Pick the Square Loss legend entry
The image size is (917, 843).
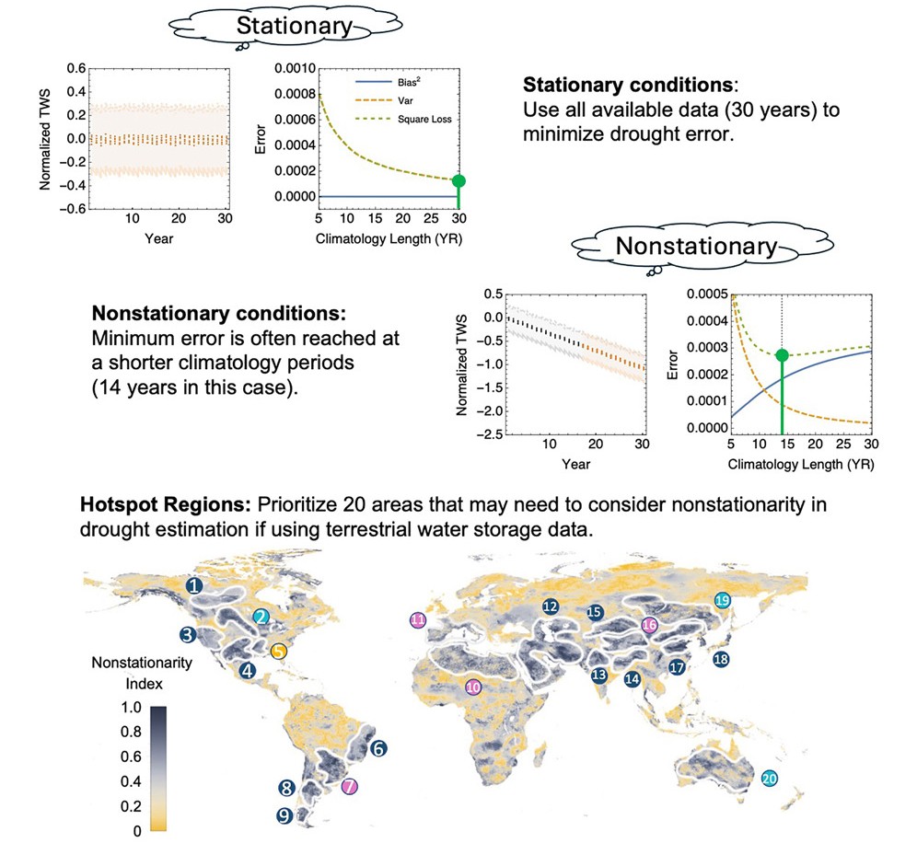click(403, 120)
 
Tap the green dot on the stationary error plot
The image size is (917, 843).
click(458, 180)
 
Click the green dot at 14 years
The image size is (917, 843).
click(782, 354)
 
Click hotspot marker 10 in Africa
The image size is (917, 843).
click(473, 686)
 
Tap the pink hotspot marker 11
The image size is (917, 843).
click(418, 620)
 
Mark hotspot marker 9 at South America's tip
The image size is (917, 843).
click(284, 814)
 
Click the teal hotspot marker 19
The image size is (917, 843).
click(722, 600)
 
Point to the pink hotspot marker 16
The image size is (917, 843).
click(649, 625)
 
